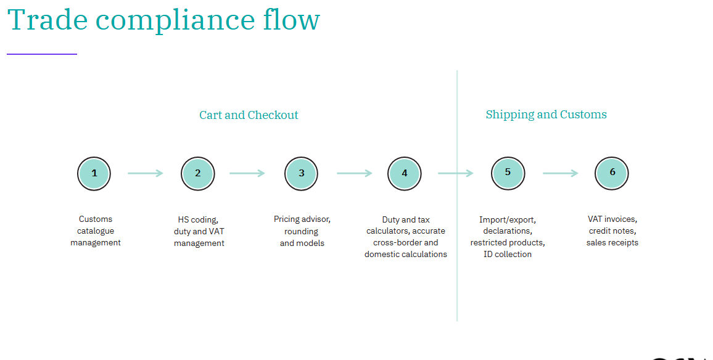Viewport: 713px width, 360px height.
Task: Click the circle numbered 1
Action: click(x=94, y=174)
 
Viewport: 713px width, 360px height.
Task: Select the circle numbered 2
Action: click(x=198, y=174)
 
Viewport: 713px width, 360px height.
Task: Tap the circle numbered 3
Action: click(x=301, y=174)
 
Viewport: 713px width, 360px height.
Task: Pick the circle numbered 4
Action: click(x=405, y=174)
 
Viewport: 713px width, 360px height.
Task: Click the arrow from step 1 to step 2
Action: click(x=146, y=173)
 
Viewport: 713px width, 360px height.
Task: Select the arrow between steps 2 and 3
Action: click(x=247, y=173)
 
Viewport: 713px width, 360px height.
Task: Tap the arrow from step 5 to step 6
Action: click(x=561, y=173)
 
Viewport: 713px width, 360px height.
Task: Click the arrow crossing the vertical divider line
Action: click(x=456, y=173)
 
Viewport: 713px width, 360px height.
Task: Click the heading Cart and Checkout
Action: click(x=249, y=115)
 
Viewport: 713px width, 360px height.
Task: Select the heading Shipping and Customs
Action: click(x=546, y=115)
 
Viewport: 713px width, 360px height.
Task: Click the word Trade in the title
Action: click(x=47, y=20)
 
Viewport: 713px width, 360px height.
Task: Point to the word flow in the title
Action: click(x=292, y=19)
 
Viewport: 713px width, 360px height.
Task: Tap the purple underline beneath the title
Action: click(x=42, y=54)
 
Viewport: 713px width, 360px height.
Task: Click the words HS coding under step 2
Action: click(x=198, y=220)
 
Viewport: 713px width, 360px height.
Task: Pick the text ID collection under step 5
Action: click(x=508, y=254)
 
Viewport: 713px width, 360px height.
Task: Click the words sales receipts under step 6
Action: click(x=612, y=243)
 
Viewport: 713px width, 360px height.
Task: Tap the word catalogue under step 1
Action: click(x=96, y=231)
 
